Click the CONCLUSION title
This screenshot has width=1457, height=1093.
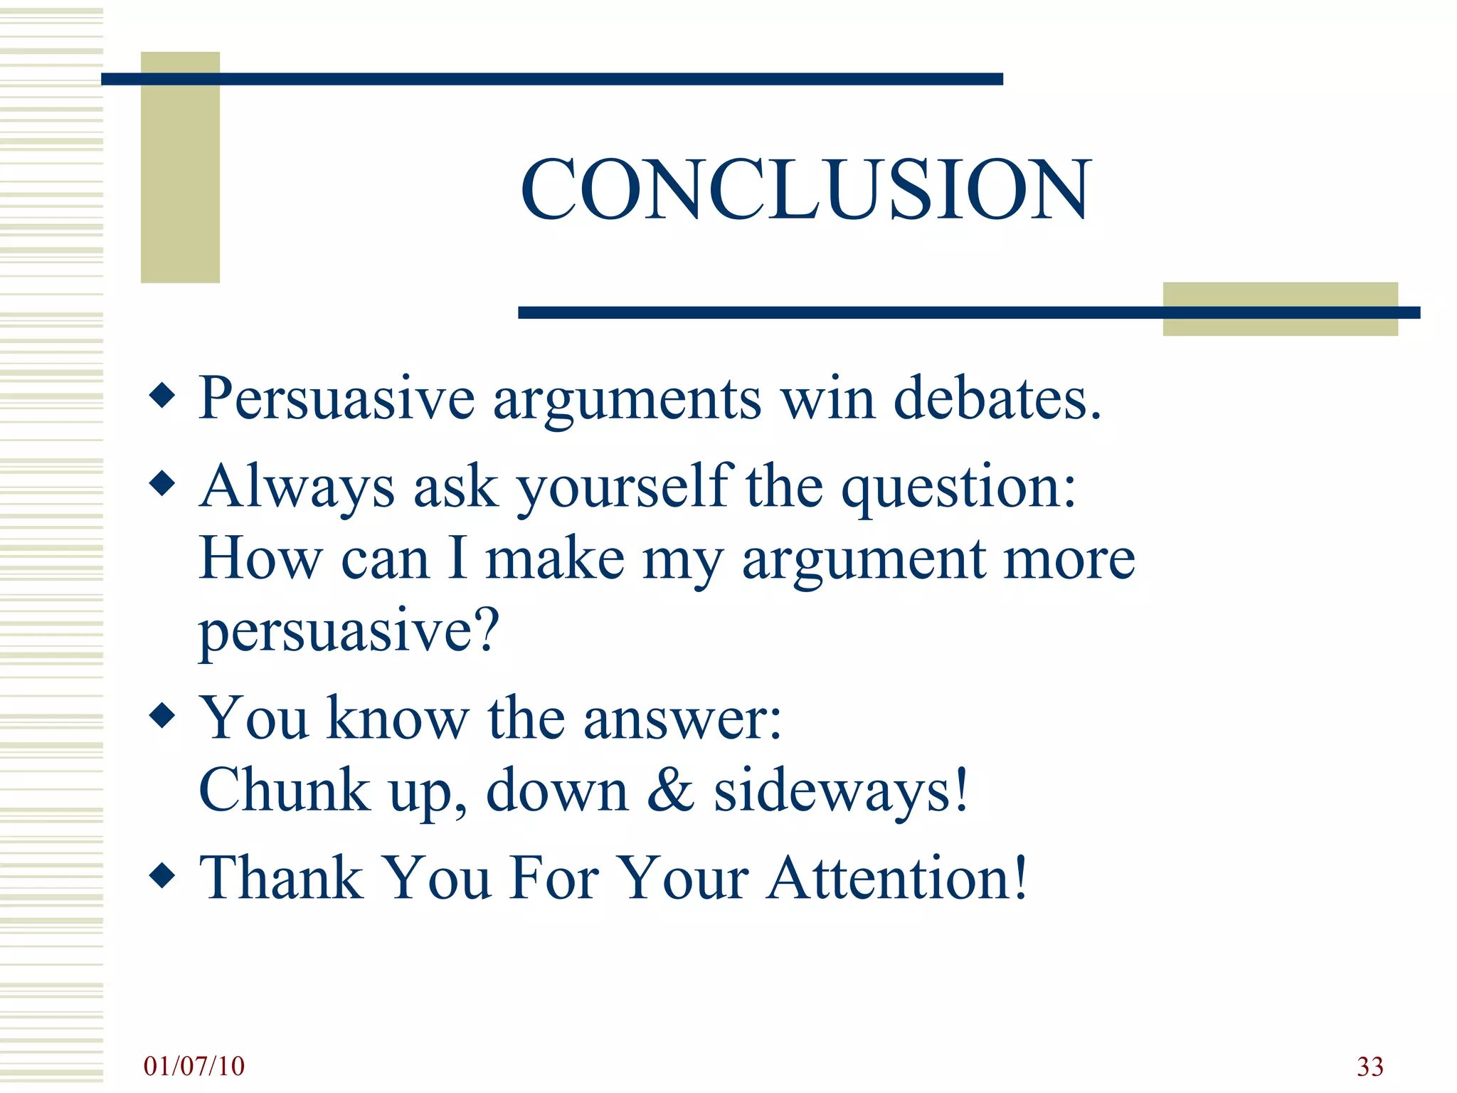pyautogui.click(x=805, y=190)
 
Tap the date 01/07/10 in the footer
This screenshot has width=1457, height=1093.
pyautogui.click(x=194, y=1066)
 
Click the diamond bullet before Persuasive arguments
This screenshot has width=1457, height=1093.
pyautogui.click(x=163, y=396)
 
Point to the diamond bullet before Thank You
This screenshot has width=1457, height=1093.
pyautogui.click(x=163, y=876)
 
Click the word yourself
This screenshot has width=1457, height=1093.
pyautogui.click(x=625, y=488)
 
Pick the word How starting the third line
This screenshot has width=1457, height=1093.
pyautogui.click(x=260, y=559)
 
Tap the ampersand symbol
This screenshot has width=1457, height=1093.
pyautogui.click(x=670, y=790)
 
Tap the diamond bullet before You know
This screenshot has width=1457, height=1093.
pyautogui.click(x=163, y=717)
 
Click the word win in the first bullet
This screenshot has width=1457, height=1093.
pyautogui.click(x=827, y=398)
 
